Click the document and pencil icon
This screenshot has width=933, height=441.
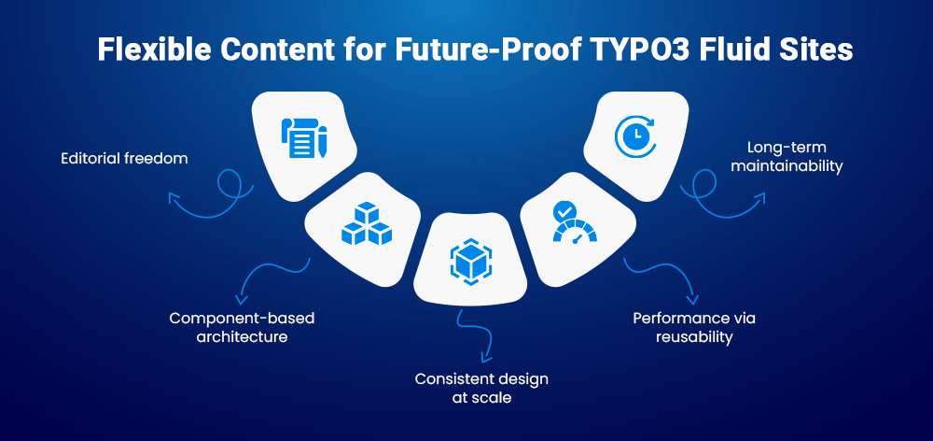303,137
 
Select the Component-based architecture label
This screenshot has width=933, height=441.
242,327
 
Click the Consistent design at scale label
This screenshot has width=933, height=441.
481,388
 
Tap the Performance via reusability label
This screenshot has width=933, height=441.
694,327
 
